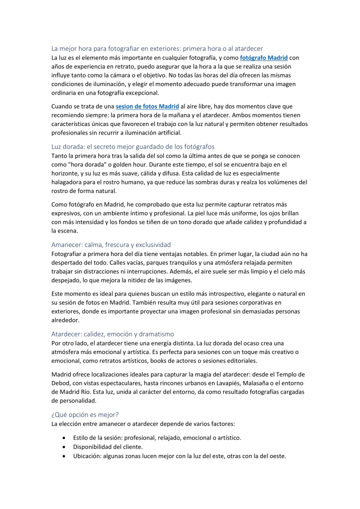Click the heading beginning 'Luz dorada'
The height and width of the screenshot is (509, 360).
[132, 146]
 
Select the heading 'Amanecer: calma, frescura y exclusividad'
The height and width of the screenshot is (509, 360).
[111, 244]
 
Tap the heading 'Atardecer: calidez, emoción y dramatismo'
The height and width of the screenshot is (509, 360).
[112, 333]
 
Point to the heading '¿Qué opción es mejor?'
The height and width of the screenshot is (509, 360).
[85, 414]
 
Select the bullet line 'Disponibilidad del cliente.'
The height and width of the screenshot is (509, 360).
[109, 446]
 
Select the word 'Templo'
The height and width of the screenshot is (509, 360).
[281, 374]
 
